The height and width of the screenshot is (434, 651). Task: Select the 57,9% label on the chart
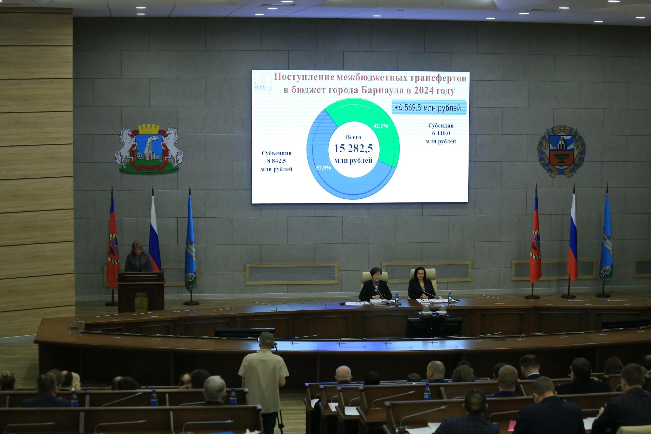tap(323, 167)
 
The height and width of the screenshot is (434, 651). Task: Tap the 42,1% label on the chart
tap(380, 125)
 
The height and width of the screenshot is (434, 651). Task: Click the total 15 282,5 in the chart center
tap(354, 148)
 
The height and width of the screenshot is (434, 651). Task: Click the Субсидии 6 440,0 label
tap(441, 133)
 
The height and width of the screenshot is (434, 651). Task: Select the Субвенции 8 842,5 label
tap(277, 161)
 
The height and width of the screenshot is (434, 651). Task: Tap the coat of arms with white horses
tap(149, 149)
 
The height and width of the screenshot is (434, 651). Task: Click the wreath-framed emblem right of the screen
tap(561, 151)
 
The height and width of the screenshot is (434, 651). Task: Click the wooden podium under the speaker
tap(141, 292)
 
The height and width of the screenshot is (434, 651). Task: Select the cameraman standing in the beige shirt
tap(263, 380)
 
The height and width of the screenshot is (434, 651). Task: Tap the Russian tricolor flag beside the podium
tap(154, 234)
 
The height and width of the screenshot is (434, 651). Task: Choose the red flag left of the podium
tap(113, 242)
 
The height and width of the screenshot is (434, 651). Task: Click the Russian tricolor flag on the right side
tap(572, 237)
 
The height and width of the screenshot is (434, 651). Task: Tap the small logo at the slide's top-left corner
tap(263, 82)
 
